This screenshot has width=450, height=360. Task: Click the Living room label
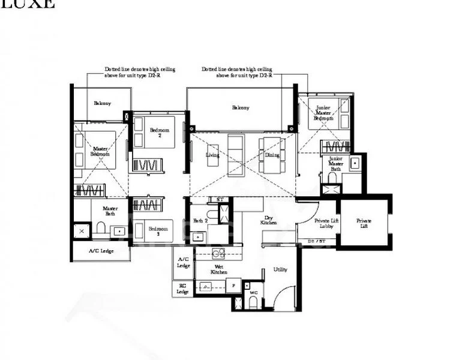point(212,155)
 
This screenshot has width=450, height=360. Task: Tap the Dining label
point(272,155)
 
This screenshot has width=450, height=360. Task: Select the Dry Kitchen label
point(268,220)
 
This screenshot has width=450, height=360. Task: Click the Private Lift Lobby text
point(325,224)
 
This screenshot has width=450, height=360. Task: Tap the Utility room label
point(280,269)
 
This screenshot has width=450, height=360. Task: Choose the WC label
point(253,293)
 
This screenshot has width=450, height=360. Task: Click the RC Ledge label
point(183,289)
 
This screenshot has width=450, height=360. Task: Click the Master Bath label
point(110,211)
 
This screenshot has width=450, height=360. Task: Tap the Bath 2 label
point(200,221)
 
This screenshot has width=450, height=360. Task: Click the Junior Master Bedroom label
point(324,113)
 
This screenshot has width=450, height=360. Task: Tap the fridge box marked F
point(235,286)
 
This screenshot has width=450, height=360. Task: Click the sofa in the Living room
point(235,155)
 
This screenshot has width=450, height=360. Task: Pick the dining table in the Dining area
point(271,147)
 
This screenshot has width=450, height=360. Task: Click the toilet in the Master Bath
point(100,229)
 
